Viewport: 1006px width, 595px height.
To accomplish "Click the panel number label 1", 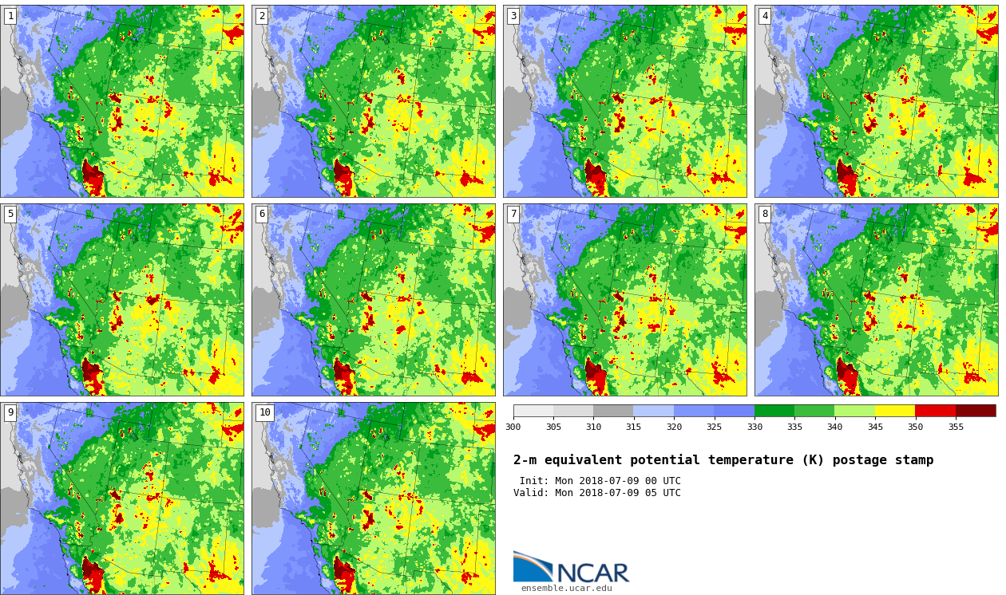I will point(10,16).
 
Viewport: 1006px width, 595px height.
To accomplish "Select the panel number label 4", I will point(764,16).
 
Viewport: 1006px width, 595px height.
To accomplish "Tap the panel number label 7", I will point(513,215).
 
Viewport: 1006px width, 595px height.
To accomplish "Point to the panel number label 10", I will point(264,412).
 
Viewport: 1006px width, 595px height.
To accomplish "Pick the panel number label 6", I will point(261,215).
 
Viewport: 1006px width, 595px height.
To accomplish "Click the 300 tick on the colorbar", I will point(513,427).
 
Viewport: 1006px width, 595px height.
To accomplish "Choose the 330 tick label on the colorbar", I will point(754,427).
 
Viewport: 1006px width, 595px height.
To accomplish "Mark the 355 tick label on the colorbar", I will point(955,427).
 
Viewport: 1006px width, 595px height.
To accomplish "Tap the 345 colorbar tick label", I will point(874,427).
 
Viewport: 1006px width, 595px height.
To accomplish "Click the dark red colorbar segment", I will point(975,411).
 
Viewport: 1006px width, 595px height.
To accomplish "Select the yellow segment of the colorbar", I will point(894,411).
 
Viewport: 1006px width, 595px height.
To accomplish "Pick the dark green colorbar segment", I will point(774,411).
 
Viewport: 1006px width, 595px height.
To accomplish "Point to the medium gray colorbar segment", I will point(612,411).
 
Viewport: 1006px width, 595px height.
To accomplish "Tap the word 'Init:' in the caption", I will point(533,481).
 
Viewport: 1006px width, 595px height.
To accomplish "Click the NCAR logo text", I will point(592,573).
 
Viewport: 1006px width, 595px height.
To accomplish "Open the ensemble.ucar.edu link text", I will point(566,589).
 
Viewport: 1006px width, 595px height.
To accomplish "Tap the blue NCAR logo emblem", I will point(532,566).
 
